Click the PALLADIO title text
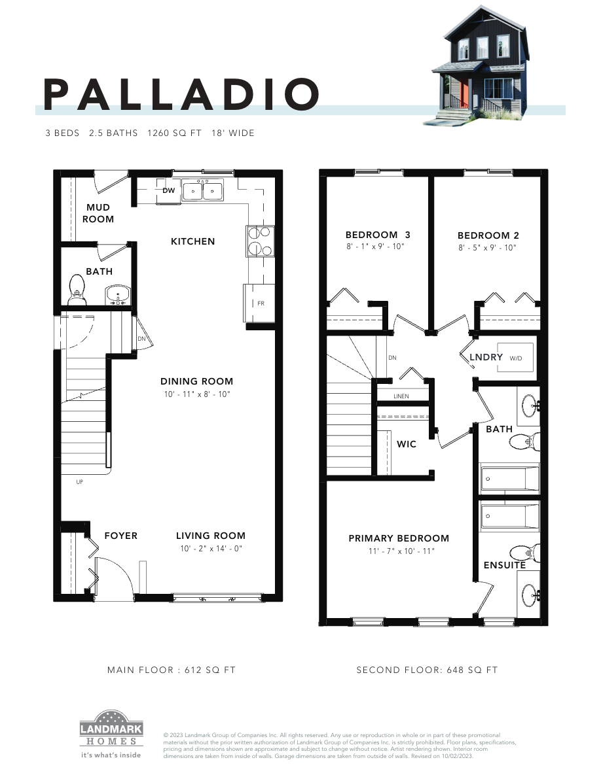(x=181, y=95)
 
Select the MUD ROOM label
(x=98, y=213)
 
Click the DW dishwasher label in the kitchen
(x=168, y=190)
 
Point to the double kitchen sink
(x=203, y=190)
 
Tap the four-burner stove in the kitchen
(x=259, y=240)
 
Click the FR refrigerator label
(x=260, y=303)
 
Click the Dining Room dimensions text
(x=197, y=394)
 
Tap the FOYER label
(x=121, y=536)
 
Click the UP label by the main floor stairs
(x=80, y=482)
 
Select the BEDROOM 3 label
(x=378, y=235)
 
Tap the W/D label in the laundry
(x=516, y=358)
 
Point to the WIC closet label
(x=407, y=444)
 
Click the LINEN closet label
(x=401, y=396)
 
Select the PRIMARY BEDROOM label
(x=399, y=538)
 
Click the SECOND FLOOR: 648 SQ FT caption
(x=427, y=670)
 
